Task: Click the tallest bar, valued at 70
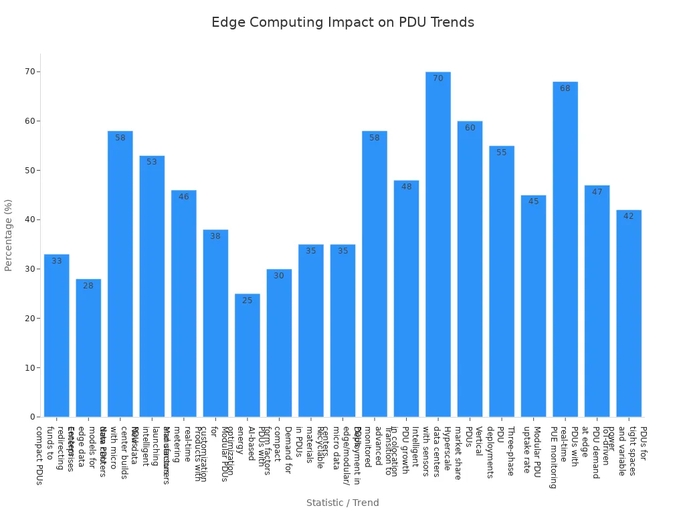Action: [437, 244]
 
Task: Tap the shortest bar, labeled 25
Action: [247, 355]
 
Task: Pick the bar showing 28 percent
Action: [88, 347]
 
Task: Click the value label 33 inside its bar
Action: [57, 261]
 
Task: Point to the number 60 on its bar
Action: [470, 128]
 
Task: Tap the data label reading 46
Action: [183, 197]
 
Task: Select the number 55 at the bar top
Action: [501, 153]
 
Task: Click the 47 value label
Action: [597, 192]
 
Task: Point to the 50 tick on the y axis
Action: [30, 170]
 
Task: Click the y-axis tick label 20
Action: [30, 318]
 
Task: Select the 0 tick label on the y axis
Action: [32, 417]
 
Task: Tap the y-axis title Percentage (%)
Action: [9, 234]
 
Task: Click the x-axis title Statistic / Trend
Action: [342, 503]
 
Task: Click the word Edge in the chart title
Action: [225, 23]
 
